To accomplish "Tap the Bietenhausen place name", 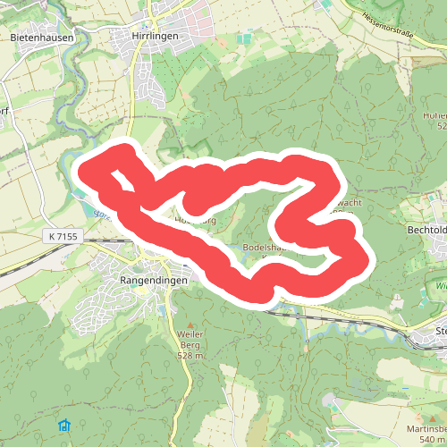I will pos(40,38).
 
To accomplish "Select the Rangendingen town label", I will pos(154,280).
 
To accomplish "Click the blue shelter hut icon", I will pos(64,424).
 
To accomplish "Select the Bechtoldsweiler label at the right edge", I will pos(426,231).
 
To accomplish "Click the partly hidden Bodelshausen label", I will pos(268,248).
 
